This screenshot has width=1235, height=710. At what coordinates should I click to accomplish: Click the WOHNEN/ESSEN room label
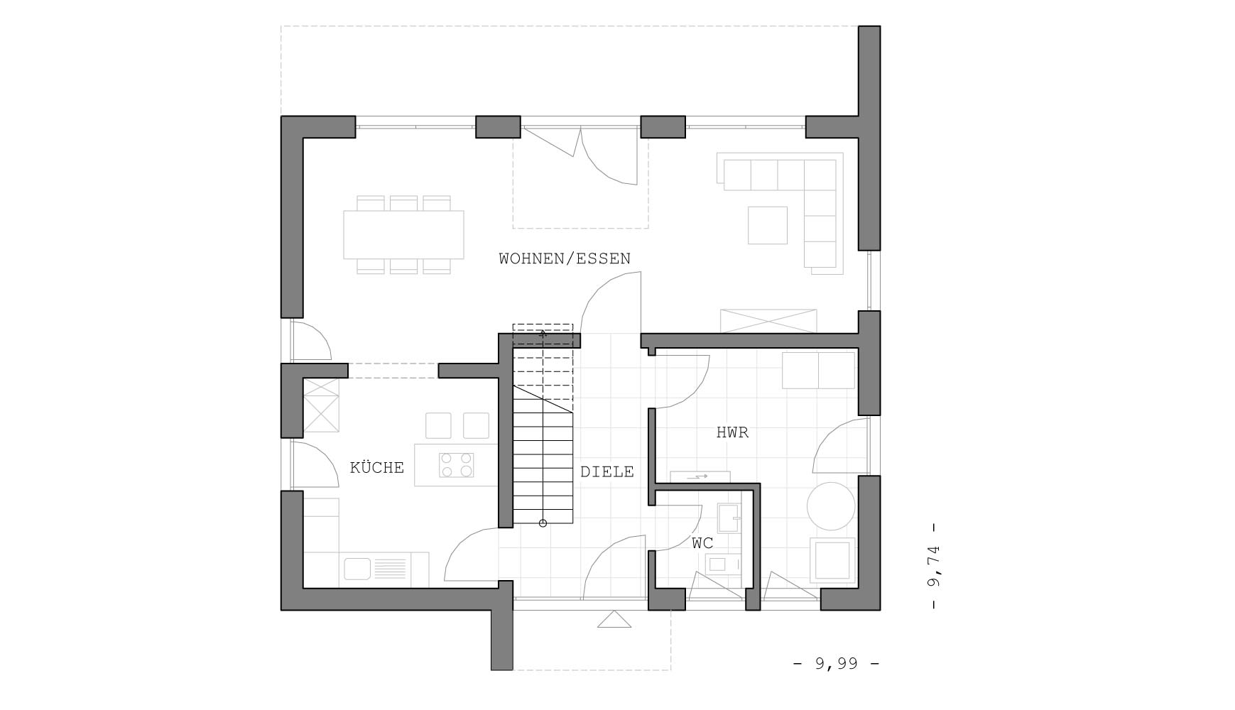tap(565, 258)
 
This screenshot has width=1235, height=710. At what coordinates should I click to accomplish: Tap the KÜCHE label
tap(377, 467)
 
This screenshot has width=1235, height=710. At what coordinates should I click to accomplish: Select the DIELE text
tap(607, 471)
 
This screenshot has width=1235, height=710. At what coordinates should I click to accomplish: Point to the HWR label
tap(732, 432)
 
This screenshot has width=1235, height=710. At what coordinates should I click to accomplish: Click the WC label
tap(703, 543)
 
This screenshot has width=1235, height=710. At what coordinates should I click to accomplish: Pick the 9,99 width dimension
tap(836, 663)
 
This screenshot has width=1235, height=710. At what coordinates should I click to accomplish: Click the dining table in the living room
tap(403, 234)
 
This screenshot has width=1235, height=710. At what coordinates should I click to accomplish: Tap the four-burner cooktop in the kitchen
tap(457, 465)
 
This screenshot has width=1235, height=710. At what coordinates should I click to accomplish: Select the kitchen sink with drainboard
tap(376, 569)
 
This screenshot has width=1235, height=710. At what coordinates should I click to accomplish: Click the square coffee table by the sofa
tap(768, 225)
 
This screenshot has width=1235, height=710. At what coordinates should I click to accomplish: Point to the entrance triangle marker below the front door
tap(614, 620)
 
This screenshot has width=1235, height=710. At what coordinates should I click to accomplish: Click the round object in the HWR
tap(831, 506)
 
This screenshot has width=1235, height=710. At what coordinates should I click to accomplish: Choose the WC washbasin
tap(728, 518)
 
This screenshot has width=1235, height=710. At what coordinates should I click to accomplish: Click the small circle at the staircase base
tap(543, 523)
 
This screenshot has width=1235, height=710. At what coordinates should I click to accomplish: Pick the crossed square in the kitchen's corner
tap(322, 405)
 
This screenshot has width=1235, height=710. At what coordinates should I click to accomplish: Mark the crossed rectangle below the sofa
tap(768, 321)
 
